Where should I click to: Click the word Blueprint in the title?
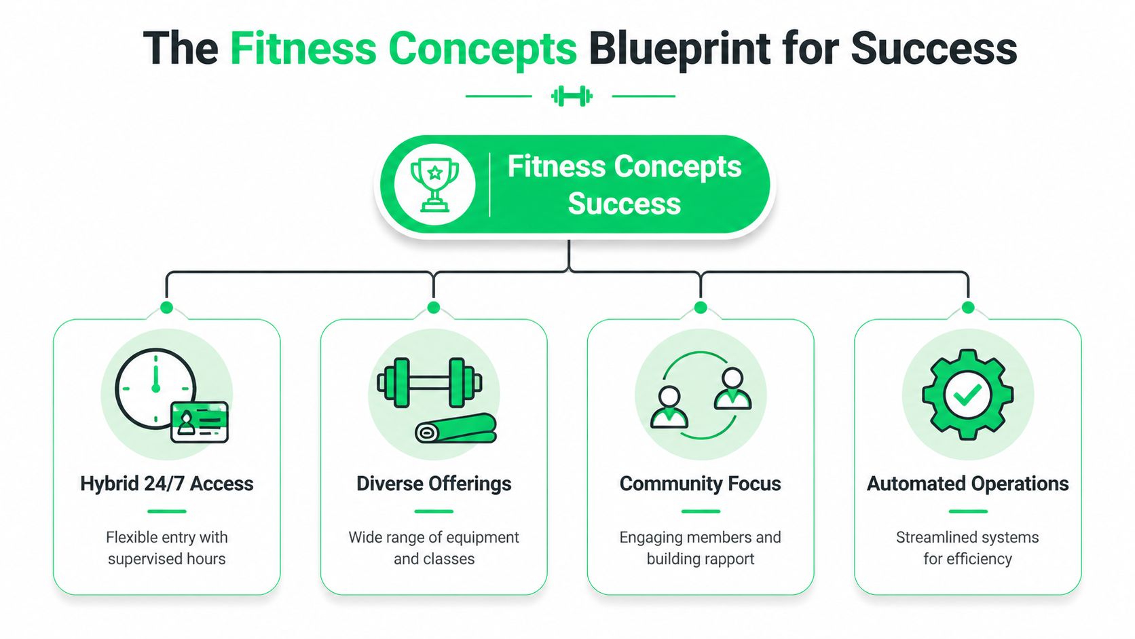[680, 49]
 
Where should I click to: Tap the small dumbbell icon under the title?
[572, 96]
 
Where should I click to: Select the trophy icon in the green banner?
[434, 184]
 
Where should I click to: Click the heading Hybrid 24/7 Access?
[166, 483]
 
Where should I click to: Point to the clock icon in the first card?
[155, 388]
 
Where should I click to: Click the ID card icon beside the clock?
[200, 422]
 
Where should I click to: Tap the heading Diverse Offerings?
[434, 483]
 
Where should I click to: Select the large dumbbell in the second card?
[429, 382]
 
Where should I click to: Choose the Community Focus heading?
[700, 483]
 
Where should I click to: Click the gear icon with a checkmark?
[967, 395]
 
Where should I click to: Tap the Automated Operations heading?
[967, 483]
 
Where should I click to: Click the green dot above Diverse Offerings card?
[434, 308]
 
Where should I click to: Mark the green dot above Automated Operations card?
[968, 308]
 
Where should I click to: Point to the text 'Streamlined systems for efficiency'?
[967, 548]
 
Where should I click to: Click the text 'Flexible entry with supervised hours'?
[166, 548]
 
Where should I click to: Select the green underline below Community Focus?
[701, 511]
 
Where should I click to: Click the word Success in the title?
[933, 49]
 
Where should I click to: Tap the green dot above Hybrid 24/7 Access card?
[166, 308]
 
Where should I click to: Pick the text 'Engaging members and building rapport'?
[700, 548]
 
